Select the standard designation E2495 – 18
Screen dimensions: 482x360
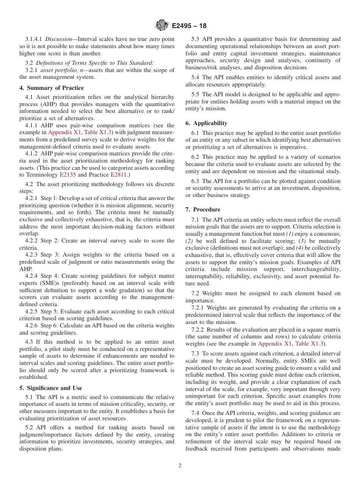(189, 26)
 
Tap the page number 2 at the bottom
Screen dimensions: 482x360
(180, 466)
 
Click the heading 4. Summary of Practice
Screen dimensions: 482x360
(52, 88)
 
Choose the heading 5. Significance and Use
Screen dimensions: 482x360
(50, 388)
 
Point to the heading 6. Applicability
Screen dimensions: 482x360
(206, 123)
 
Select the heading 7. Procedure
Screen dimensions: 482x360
(203, 210)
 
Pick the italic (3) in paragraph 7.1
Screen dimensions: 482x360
(302, 241)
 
